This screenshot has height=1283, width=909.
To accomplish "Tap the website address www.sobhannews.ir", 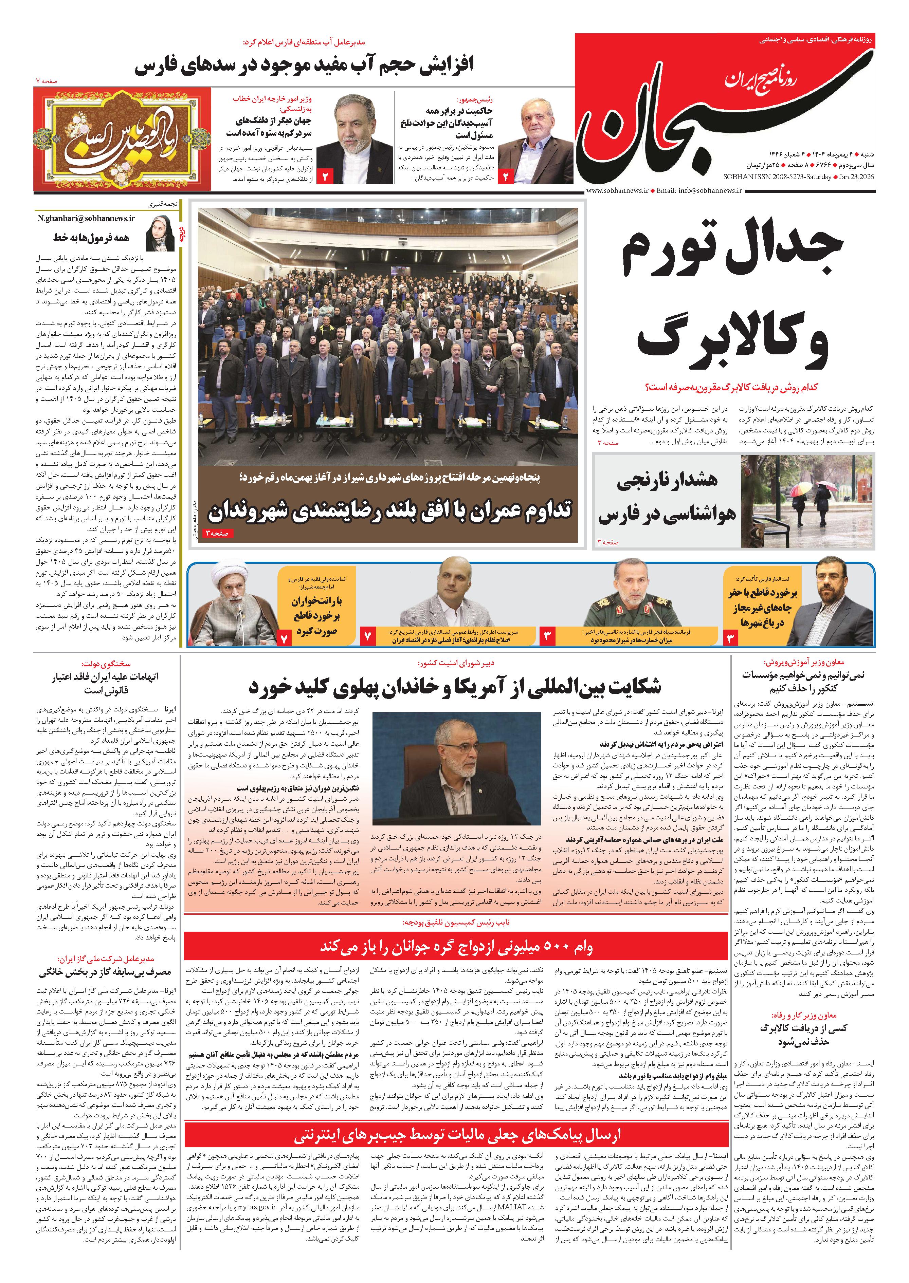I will click(x=617, y=191).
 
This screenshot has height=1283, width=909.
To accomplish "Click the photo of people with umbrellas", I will click(x=806, y=500).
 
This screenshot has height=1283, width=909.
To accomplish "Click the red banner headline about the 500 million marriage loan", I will click(x=456, y=947).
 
